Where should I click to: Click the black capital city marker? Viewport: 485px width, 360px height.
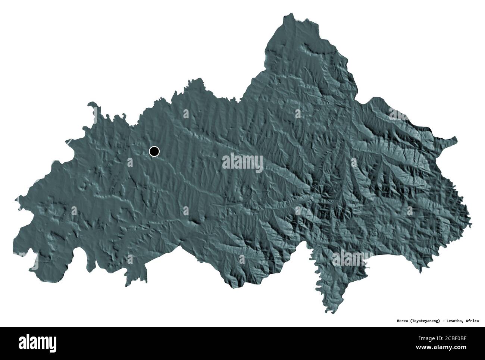pos(154,151)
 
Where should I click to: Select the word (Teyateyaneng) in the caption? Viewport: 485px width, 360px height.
pos(419,320)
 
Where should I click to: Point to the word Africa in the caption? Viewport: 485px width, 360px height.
pos(472,320)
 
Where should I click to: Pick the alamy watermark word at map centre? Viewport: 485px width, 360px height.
pos(242,163)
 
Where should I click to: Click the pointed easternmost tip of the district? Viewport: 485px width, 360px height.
pos(456,139)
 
